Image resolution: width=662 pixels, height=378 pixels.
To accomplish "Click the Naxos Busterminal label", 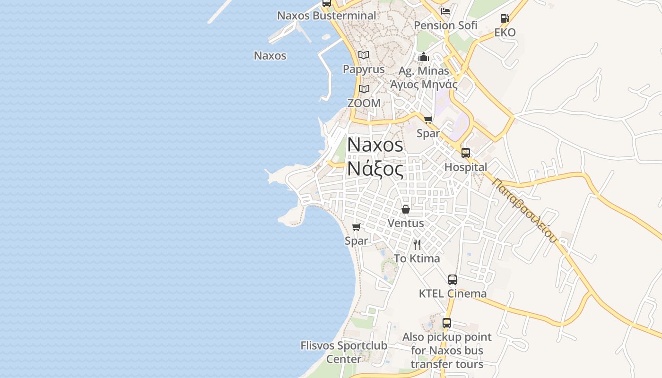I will point(326,16).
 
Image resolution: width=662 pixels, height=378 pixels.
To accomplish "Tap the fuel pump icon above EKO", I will point(505,18).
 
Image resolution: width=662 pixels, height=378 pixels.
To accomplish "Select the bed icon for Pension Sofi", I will point(445,11).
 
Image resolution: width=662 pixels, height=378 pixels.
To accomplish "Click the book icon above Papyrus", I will point(363,55).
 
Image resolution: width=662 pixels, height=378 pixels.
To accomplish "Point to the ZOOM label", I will point(364,103).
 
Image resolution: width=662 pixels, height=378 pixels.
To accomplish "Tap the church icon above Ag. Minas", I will point(423,57).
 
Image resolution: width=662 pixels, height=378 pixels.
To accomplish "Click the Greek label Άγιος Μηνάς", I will point(424,85).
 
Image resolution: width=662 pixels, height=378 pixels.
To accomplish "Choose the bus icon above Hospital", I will point(466,153).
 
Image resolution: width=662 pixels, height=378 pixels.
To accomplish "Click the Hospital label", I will point(466,167).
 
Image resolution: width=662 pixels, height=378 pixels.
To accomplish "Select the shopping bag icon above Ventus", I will point(406,209).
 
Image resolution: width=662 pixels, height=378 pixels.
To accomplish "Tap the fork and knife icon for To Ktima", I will point(417,244).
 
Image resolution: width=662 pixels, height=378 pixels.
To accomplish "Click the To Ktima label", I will point(417,258).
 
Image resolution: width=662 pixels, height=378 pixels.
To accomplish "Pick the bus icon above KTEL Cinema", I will point(453,279).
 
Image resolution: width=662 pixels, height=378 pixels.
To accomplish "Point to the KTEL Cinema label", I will point(453,293).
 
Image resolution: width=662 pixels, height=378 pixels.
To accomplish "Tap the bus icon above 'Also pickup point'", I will point(447,324).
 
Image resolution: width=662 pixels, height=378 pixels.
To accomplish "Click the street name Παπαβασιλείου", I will point(524,210).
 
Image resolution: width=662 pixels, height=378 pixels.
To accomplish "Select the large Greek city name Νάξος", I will point(375,169).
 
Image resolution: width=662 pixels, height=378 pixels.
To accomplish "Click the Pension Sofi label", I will point(445,26).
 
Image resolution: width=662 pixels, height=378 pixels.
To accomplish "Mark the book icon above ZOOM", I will point(364,89).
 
